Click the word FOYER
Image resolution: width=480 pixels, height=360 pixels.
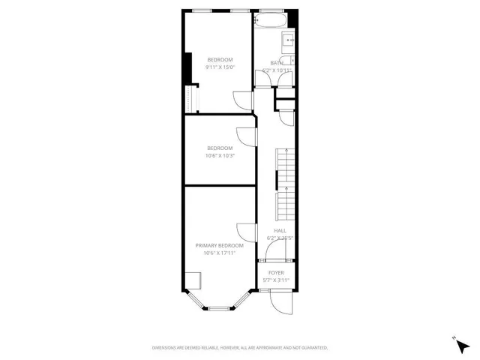click(276, 272)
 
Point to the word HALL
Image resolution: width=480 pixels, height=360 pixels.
click(280, 230)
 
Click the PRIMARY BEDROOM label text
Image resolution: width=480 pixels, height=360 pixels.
click(220, 245)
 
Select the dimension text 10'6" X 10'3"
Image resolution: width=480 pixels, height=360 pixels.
click(220, 156)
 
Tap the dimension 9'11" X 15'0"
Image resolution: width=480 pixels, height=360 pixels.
click(220, 67)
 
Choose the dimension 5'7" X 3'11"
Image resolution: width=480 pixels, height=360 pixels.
click(276, 280)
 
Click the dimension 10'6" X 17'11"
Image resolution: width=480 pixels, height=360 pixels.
click(220, 253)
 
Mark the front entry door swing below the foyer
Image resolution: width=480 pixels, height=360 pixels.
click(279, 301)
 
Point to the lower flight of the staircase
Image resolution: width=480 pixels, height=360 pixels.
click(283, 202)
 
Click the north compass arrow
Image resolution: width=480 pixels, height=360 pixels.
click(454, 340)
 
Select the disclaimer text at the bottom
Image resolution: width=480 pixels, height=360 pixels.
click(240, 347)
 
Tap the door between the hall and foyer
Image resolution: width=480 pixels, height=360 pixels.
click(276, 260)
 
